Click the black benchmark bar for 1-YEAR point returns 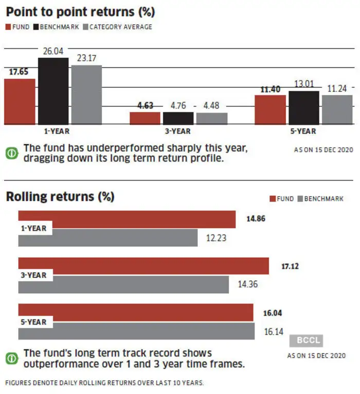pos(53,91)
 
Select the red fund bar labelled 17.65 pos(20,101)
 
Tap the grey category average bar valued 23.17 pos(87,95)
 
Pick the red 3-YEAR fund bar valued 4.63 pos(145,118)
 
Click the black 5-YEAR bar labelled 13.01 pos(304,108)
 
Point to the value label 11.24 pos(337,88)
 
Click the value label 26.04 pos(53,51)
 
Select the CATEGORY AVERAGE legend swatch pos(85,27)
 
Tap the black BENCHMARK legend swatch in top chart pos(36,27)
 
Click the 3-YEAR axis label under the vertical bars pos(177,131)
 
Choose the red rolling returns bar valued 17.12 pos(143,266)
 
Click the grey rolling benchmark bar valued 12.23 pos(108,238)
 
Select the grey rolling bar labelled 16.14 pos(136,331)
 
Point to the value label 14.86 pos(256,219)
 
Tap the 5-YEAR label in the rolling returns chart pos(33,322)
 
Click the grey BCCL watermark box pos(306,341)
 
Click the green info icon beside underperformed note pos(12,153)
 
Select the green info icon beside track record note pos(12,359)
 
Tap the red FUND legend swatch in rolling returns pos(273,199)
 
